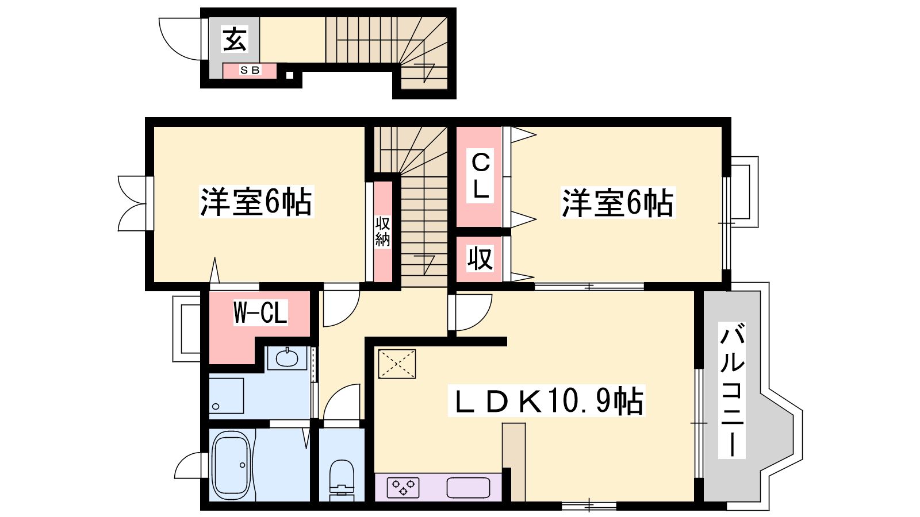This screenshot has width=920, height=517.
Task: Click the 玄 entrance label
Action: point(235,40)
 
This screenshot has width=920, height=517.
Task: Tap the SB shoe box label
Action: point(250,70)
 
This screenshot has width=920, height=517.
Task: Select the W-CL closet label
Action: point(260,312)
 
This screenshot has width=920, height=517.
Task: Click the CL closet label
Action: point(480,176)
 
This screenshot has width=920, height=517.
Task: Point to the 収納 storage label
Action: point(382,232)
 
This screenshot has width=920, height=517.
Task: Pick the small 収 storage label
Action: point(480,258)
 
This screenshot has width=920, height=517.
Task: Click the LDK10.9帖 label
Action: point(547,400)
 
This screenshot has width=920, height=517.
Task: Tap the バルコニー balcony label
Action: point(732,390)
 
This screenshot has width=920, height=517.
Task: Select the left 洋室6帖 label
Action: point(256,202)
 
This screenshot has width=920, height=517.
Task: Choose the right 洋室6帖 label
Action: point(618,202)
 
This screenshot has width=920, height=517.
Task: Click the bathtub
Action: point(232,465)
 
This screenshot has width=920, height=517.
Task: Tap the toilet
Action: point(342,480)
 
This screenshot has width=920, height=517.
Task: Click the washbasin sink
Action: point(287,358)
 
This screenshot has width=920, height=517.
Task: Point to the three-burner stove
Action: point(403,488)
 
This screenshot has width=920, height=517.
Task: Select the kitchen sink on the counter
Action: point(468,488)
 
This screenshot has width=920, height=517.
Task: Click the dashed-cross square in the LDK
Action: point(397,364)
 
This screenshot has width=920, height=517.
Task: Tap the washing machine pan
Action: point(227,396)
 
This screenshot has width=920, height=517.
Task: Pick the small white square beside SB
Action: point(290,75)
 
